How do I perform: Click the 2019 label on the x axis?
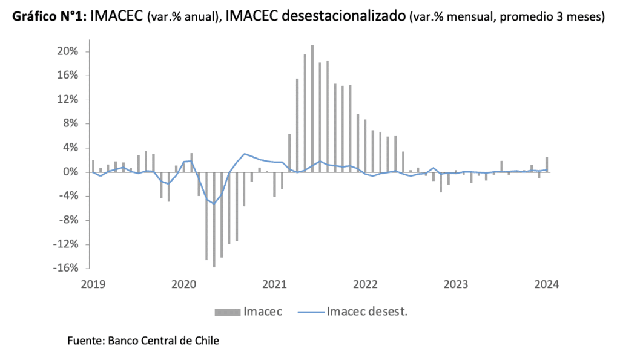tap(93, 283)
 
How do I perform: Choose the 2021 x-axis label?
tap(275, 283)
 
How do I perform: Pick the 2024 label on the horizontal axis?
tap(547, 283)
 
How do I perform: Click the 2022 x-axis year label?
tap(366, 283)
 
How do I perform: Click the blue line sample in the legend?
tap(310, 312)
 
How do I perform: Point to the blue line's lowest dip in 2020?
tap(214, 204)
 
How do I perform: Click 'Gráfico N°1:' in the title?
tap(48, 16)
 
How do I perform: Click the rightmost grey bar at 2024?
tap(547, 165)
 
